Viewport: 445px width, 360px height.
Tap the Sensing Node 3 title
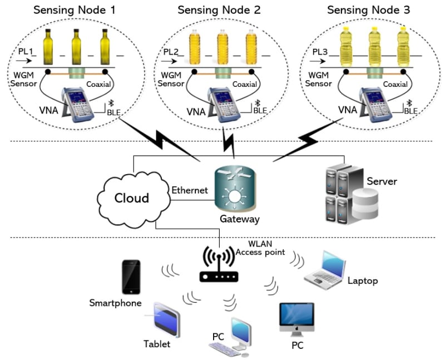[372, 10]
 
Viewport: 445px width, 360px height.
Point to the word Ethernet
[189, 190]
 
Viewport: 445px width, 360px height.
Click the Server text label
[382, 182]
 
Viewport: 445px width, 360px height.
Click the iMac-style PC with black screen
[296, 319]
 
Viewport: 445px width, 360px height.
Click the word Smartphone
[116, 303]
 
